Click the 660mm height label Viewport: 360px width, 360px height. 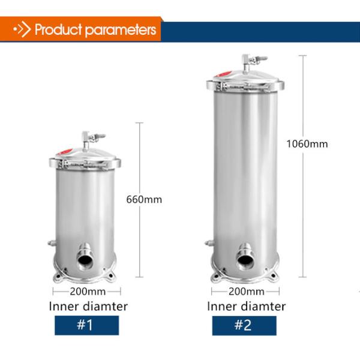[x=144, y=199]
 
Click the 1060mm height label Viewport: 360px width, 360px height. [x=308, y=143]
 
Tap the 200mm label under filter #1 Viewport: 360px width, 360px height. [x=88, y=292]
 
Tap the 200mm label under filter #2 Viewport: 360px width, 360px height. [x=247, y=292]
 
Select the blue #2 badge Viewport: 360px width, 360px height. [x=242, y=326]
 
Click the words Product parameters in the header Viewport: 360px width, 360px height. [x=95, y=30]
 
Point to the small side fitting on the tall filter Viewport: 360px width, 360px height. [x=208, y=244]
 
